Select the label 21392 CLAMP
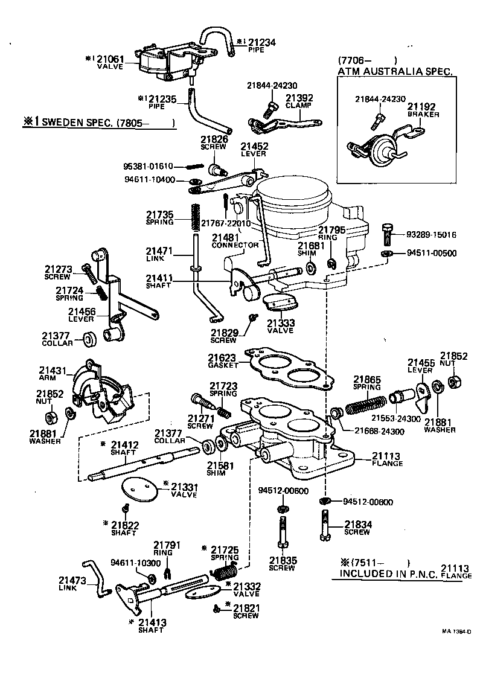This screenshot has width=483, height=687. [x=299, y=100]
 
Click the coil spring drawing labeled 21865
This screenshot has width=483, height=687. [x=365, y=403]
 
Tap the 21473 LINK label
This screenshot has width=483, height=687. [x=72, y=583]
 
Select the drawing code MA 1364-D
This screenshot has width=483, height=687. [x=455, y=631]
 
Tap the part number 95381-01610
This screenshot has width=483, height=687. [x=149, y=166]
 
